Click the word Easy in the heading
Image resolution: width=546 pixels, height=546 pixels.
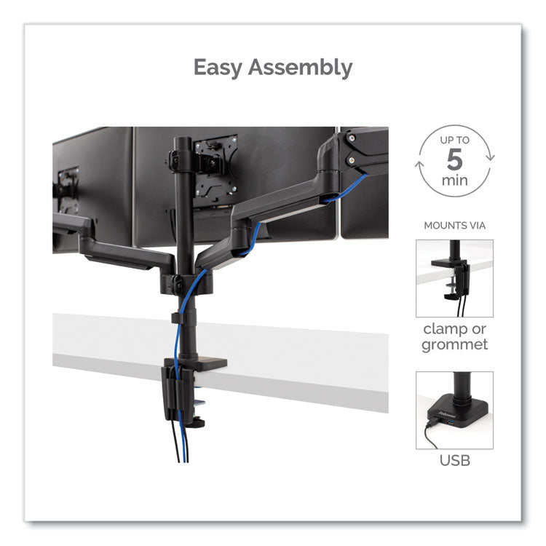(x=217, y=68)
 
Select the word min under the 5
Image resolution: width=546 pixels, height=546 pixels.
(x=455, y=180)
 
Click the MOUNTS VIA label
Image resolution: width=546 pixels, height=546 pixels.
(x=454, y=226)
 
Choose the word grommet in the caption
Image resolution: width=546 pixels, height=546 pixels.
(x=454, y=345)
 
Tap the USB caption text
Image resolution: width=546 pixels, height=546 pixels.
(x=454, y=460)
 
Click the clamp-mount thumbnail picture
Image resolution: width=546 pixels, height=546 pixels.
(x=454, y=278)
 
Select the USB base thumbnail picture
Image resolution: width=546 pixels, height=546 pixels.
(x=454, y=410)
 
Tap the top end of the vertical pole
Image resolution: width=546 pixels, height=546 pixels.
(x=182, y=141)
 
